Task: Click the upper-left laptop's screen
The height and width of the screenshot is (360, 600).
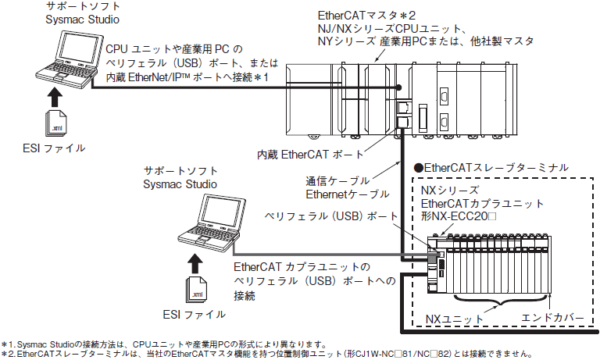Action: click(x=79, y=45)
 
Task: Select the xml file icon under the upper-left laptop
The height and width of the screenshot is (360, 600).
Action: click(x=56, y=123)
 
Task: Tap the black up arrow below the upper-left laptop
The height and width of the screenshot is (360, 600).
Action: click(x=55, y=98)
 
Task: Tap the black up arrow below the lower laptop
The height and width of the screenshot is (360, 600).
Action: click(x=195, y=264)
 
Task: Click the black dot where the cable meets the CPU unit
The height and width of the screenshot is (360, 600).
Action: click(x=398, y=87)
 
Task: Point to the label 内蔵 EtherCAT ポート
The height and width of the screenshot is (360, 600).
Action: click(x=310, y=155)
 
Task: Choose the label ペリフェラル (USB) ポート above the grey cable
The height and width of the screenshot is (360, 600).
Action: click(x=332, y=216)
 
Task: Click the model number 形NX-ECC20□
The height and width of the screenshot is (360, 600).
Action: click(x=459, y=216)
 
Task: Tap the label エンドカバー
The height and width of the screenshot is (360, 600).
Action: click(x=552, y=318)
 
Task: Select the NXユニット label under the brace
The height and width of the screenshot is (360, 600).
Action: click(x=455, y=319)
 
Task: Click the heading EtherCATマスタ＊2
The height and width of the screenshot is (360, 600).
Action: click(x=366, y=16)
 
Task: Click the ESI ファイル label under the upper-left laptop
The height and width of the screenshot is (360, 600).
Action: click(x=54, y=148)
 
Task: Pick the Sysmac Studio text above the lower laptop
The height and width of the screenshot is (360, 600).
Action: click(x=180, y=184)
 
